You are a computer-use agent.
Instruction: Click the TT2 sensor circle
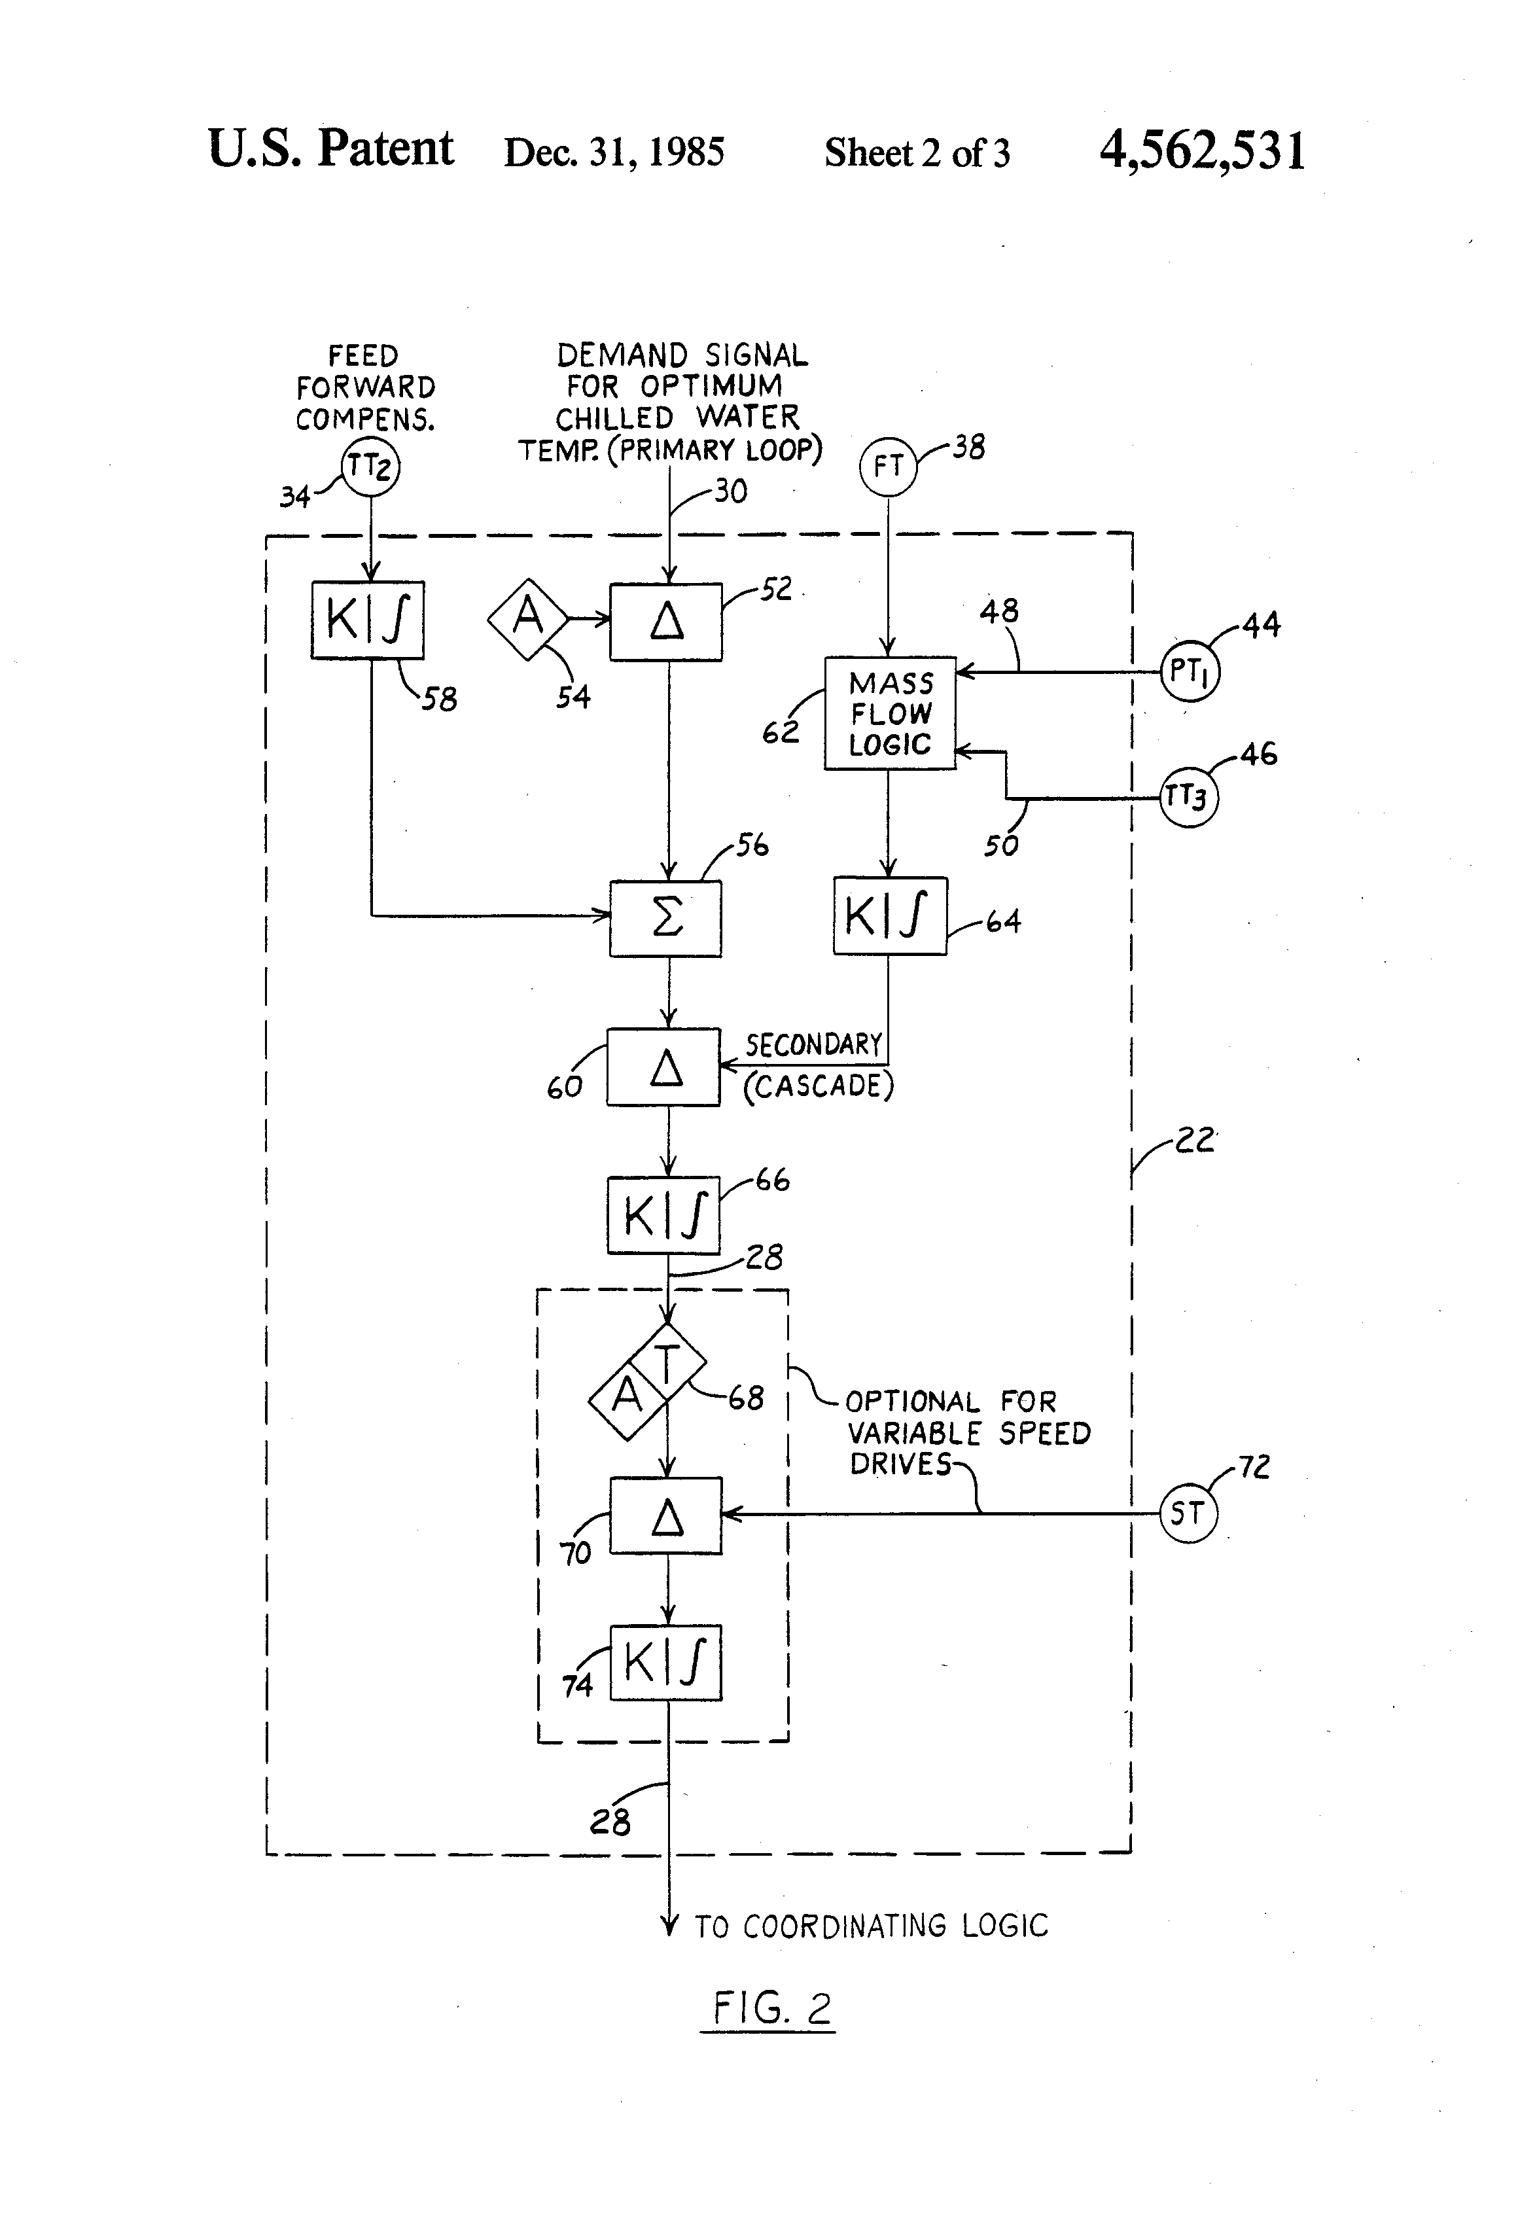tap(370, 467)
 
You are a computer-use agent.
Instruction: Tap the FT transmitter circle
tap(888, 467)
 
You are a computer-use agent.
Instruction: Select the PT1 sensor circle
tap(1189, 672)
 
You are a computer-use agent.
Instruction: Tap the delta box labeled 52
tap(666, 621)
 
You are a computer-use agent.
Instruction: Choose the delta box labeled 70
tap(666, 1515)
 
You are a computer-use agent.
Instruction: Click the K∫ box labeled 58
tap(368, 620)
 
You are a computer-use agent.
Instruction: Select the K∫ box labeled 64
tap(889, 915)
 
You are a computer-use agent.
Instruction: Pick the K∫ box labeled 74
tap(666, 1663)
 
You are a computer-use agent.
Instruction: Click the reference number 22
tap(1195, 1140)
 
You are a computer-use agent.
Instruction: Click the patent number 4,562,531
tap(1203, 150)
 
